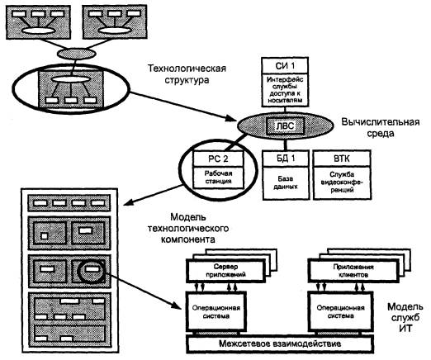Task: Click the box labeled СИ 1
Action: coord(285,65)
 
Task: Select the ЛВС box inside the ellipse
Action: coord(285,126)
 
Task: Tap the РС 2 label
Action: coord(218,159)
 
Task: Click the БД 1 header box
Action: coord(286,159)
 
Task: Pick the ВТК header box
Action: coord(342,159)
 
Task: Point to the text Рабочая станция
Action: coord(218,178)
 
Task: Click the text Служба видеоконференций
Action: coord(342,182)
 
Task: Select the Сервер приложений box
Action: coord(225,271)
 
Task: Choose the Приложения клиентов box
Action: coord(353,271)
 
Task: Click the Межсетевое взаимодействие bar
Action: coord(280,343)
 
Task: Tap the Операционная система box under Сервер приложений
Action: coord(216,312)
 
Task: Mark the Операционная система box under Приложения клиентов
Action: coord(341,311)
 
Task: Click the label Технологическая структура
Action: coord(187,73)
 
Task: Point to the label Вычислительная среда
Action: coord(381,128)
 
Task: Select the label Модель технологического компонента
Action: coord(188,228)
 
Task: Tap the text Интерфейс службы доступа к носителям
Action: coord(285,90)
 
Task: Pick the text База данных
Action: coord(286,182)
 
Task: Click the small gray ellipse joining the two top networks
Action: coord(77,53)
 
